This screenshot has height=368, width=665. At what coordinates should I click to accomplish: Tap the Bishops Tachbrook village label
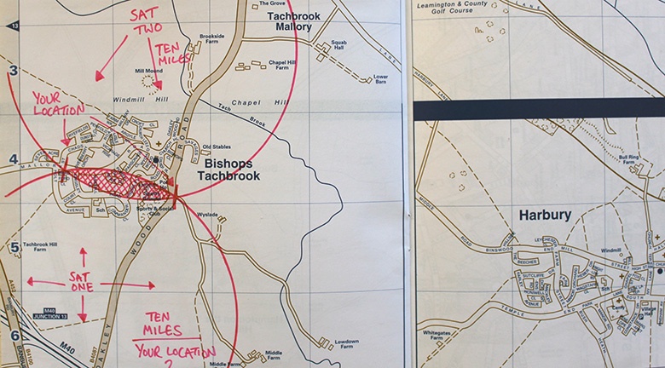(234, 169)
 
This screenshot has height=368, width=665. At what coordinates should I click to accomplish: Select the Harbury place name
(544, 216)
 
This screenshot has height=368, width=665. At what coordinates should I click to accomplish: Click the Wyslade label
(208, 215)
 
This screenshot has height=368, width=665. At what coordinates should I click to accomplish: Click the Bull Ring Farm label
(627, 159)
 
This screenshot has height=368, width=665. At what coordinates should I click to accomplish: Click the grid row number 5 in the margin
(14, 248)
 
